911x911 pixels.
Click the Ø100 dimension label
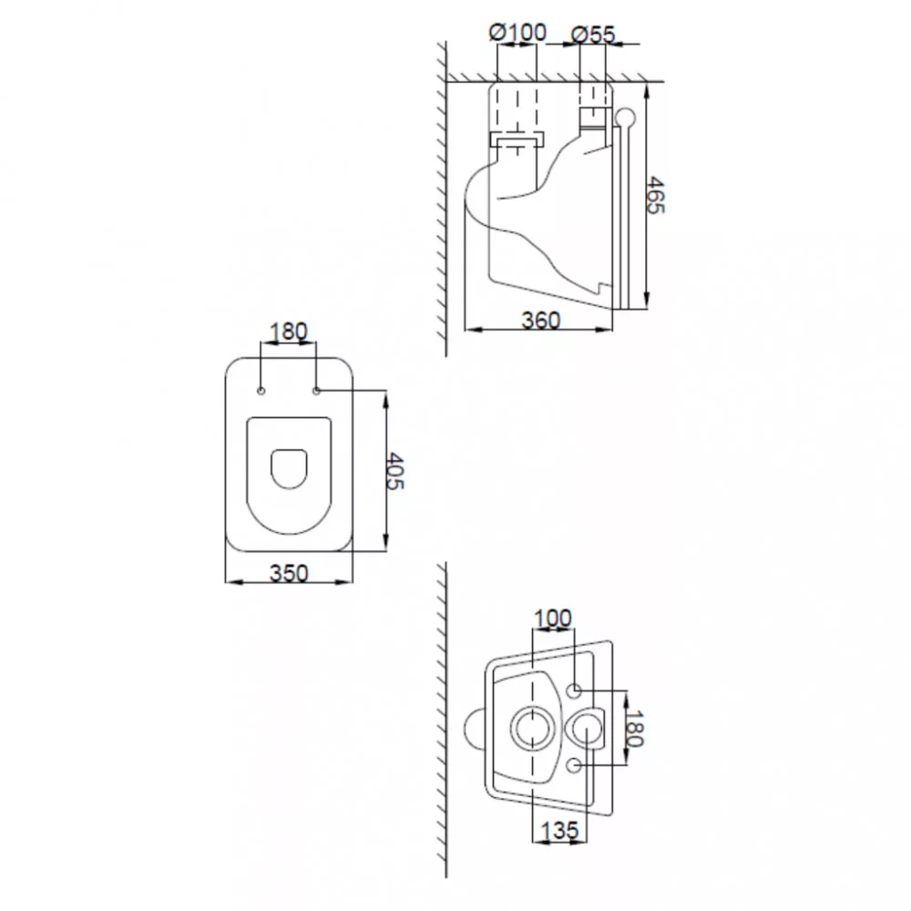coord(517,33)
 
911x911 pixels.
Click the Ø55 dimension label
coord(593,35)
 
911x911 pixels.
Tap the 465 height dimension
coord(656,195)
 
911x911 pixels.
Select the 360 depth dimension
coord(541,320)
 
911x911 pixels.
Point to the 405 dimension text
coord(395,471)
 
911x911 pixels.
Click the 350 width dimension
coord(289,573)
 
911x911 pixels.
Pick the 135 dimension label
coord(560,830)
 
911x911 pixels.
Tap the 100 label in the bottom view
coord(553,619)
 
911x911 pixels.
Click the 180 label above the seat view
coord(288,332)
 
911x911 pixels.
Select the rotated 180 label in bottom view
coord(636,729)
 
